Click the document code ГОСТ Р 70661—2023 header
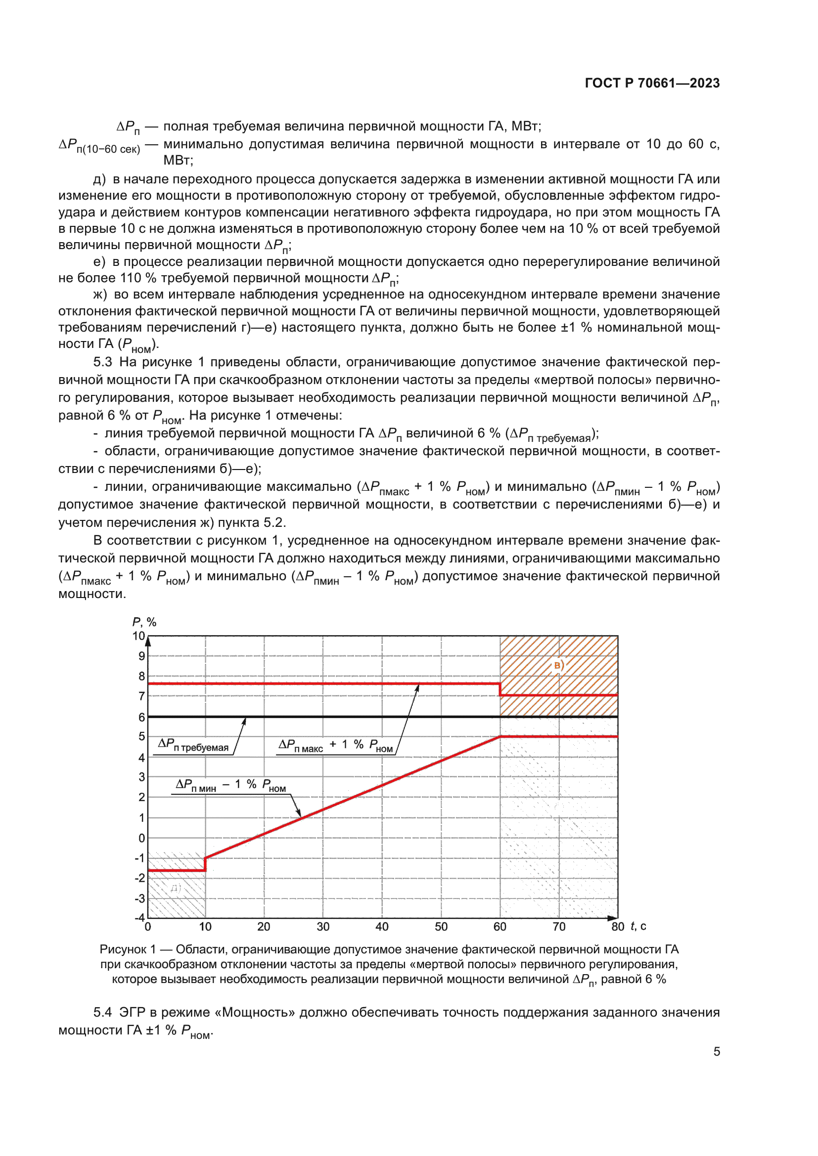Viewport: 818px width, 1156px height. point(652,83)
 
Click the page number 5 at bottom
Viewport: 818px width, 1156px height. point(716,1051)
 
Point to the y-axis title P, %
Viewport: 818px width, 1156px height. point(144,622)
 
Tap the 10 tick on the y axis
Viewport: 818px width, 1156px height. point(138,636)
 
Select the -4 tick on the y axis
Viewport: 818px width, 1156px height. point(139,917)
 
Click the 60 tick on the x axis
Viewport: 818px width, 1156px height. point(500,927)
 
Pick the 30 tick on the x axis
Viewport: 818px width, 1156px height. point(323,927)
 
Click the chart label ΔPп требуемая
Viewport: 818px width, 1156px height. point(193,745)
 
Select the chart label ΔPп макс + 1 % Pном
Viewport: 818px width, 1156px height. point(335,745)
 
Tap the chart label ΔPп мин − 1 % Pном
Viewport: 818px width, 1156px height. point(230,785)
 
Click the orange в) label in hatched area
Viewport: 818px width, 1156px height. point(558,666)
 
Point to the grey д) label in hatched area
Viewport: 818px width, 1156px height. point(175,888)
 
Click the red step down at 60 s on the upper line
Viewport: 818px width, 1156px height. point(500,689)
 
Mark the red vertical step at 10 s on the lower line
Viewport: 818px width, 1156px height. point(205,864)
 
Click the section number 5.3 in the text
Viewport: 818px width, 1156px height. point(102,362)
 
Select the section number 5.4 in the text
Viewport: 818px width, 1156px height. point(102,1012)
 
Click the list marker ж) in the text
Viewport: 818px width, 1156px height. point(100,295)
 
